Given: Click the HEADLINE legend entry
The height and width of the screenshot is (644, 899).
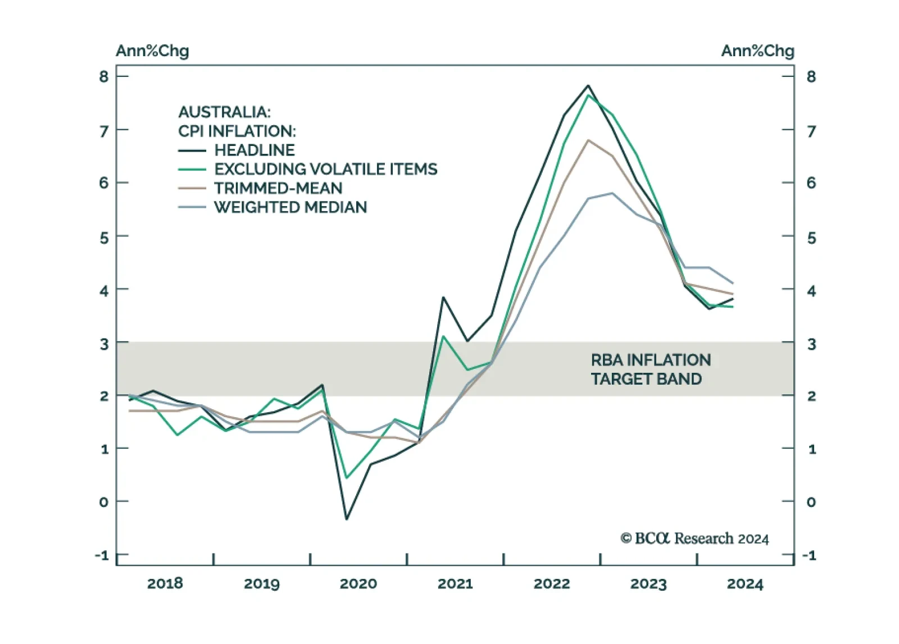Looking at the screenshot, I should (x=255, y=150).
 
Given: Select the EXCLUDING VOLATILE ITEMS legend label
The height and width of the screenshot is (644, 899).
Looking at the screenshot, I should (x=325, y=170).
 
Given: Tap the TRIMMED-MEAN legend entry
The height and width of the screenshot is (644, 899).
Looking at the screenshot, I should (x=278, y=189).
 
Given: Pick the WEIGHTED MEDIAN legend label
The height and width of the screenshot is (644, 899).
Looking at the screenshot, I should (x=290, y=208).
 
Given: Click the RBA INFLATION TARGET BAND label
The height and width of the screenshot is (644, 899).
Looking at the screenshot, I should (x=650, y=369).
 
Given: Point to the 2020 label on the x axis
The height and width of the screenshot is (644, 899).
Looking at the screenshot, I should (x=358, y=584).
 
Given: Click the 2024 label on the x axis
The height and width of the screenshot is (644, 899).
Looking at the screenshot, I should (x=744, y=584).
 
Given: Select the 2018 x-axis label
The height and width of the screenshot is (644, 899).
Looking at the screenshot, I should (x=165, y=584).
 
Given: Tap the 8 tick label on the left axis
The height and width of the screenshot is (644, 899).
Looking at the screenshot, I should (x=104, y=76).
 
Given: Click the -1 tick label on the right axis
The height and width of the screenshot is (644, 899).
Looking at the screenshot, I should (x=809, y=555).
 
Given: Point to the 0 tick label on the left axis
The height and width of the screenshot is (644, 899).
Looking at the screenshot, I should (x=104, y=502).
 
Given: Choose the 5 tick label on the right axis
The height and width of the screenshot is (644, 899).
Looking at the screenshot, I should (x=811, y=238).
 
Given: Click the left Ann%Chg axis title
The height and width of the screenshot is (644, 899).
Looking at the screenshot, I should (x=152, y=51).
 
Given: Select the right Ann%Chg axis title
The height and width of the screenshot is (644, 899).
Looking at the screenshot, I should (x=757, y=51).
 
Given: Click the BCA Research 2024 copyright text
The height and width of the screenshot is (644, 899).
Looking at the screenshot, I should (x=694, y=538).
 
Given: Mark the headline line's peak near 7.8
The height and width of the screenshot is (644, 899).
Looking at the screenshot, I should (x=588, y=86).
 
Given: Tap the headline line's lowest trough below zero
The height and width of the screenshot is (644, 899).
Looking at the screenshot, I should (x=347, y=519).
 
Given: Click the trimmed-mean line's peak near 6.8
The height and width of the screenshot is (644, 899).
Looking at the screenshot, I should (x=588, y=140).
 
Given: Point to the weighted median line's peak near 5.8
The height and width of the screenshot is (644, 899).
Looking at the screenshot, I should (x=612, y=193).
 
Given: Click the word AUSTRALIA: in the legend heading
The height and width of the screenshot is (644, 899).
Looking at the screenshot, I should (x=224, y=112).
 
